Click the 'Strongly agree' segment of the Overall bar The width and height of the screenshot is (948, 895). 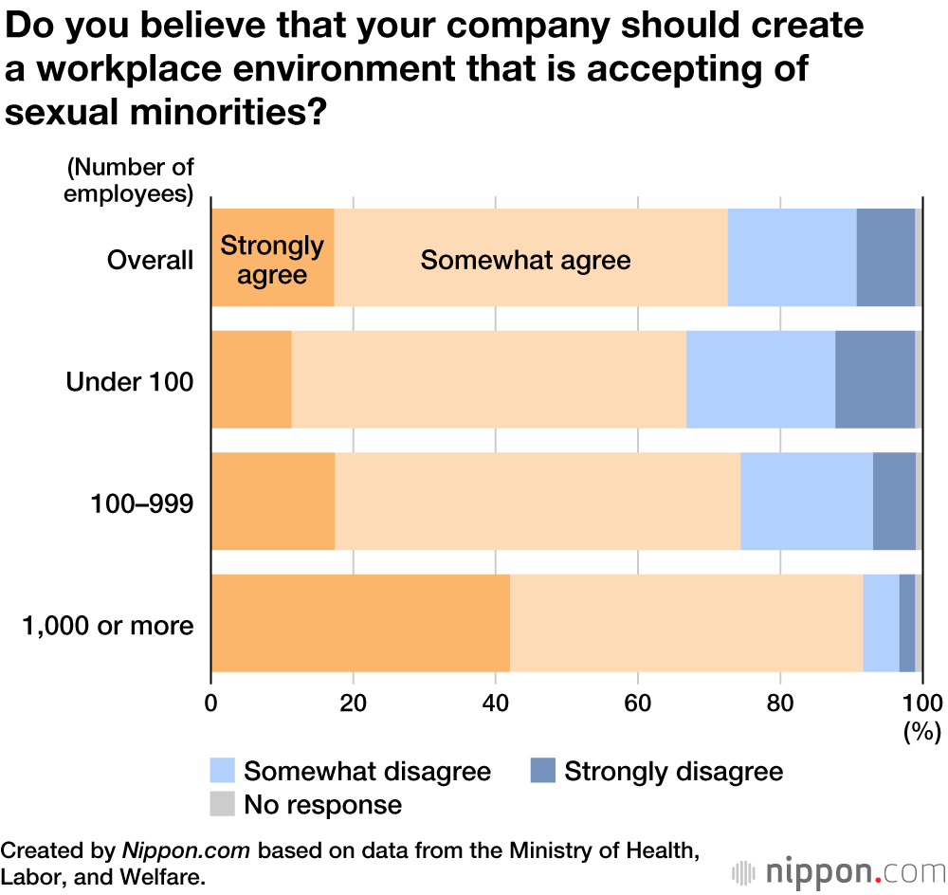pos(272,258)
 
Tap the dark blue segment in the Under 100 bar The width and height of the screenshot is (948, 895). pos(874,379)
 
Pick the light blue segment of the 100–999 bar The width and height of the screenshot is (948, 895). pos(806,502)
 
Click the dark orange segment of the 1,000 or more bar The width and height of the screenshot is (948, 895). pos(360,623)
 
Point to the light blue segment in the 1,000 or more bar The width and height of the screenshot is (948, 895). pos(881,623)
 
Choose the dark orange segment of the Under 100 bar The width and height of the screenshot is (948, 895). pos(251,379)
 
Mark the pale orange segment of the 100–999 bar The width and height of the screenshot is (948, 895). pos(538,502)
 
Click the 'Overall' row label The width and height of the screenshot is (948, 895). pos(150,260)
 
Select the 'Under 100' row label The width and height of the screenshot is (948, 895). pos(130,382)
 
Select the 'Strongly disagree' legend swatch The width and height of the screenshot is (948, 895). pos(543,771)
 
